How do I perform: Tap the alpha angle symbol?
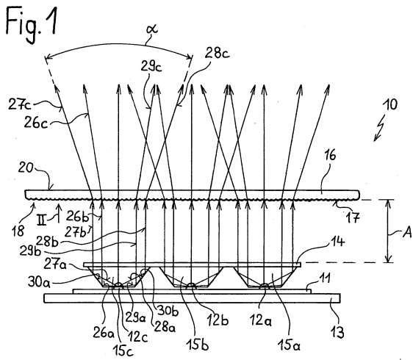pos(152,28)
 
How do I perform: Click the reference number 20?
pos(26,168)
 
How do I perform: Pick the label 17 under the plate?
pos(353,217)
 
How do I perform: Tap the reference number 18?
pos(18,231)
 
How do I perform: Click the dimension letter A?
pos(407,232)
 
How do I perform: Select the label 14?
pos(337,241)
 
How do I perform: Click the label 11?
pos(325,278)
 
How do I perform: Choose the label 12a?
pos(261,320)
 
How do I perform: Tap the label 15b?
pos(198,344)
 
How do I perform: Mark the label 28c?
pos(218,54)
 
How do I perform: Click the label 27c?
pos(20,104)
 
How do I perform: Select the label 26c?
pos(36,123)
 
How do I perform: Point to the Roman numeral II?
pos(42,220)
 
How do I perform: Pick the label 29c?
pos(151,67)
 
